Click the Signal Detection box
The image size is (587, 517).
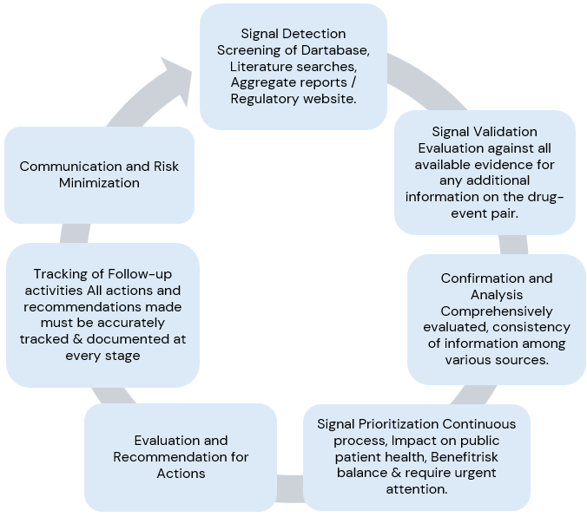click(x=293, y=66)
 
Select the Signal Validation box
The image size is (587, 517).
click(x=485, y=172)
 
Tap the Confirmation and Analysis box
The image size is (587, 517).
click(x=496, y=318)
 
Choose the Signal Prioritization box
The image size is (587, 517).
click(x=416, y=456)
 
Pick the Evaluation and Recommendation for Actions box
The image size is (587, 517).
click(x=181, y=457)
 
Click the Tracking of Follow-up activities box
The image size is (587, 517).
click(x=102, y=314)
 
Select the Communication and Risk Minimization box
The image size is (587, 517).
click(x=99, y=174)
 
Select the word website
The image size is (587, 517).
click(x=324, y=99)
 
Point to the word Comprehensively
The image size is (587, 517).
click(x=496, y=311)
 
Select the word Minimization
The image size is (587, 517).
click(x=99, y=183)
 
